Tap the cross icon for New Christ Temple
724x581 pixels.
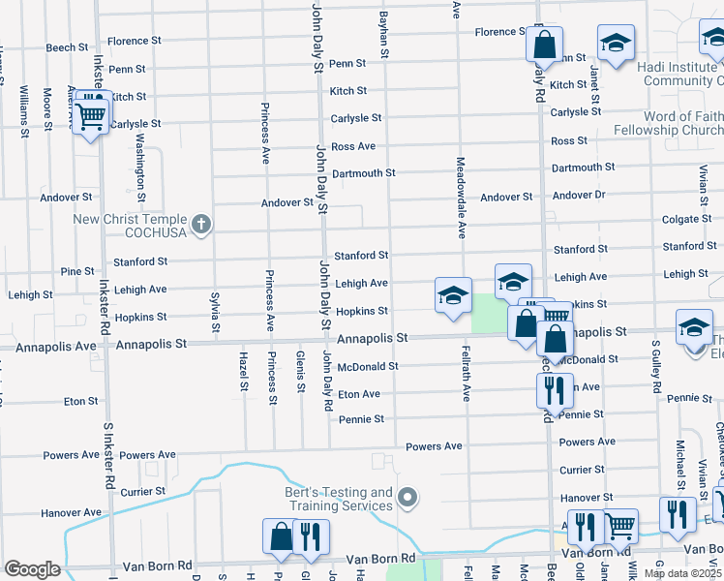coord(202,226)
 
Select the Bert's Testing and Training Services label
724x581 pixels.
coord(339,499)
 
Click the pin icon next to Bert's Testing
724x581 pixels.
coord(407,499)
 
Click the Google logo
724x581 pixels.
coord(32,569)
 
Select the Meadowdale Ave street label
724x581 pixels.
coord(462,199)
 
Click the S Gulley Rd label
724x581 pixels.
coord(655,371)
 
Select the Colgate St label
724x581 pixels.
coord(688,220)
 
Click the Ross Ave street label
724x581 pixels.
coord(352,146)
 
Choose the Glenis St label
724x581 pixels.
coord(301,372)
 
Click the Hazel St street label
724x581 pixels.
coord(243,373)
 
